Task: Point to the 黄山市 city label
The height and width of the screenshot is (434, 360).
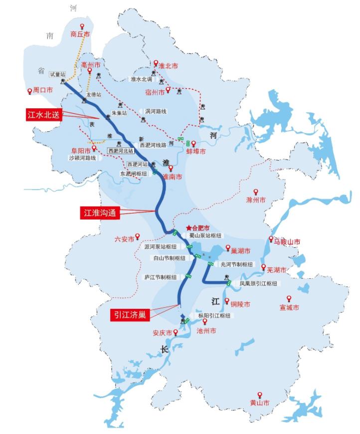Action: tap(259, 403)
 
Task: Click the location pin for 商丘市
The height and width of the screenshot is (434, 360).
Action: tap(82, 27)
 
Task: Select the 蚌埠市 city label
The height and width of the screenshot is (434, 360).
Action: tap(196, 152)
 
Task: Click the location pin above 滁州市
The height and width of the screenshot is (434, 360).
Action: tap(256, 192)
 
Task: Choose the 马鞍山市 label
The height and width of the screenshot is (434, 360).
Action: tap(287, 242)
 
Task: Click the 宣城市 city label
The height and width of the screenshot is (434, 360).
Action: tap(289, 308)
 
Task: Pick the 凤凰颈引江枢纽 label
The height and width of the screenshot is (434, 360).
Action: tap(259, 283)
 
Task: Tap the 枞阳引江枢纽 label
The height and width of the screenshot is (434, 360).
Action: tap(214, 316)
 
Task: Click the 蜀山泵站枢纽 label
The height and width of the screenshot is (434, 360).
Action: tap(205, 235)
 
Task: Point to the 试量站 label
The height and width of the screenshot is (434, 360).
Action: tap(57, 74)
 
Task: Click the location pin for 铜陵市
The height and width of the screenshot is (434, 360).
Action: tap(227, 301)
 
